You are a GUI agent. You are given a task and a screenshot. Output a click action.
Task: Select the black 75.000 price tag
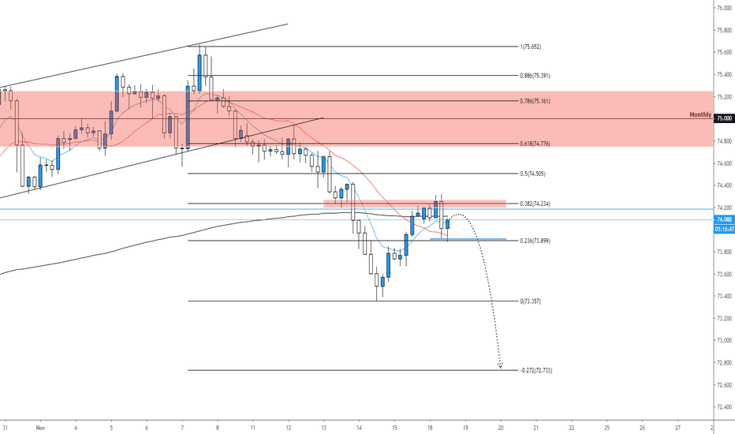(x=724, y=118)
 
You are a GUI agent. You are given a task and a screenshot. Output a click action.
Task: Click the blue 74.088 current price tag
(x=724, y=219)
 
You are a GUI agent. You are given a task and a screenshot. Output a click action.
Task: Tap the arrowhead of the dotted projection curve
(x=500, y=365)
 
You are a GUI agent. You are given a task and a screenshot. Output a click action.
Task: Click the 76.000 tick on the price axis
(x=723, y=8)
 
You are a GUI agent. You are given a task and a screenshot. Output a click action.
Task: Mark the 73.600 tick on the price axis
(x=723, y=274)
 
